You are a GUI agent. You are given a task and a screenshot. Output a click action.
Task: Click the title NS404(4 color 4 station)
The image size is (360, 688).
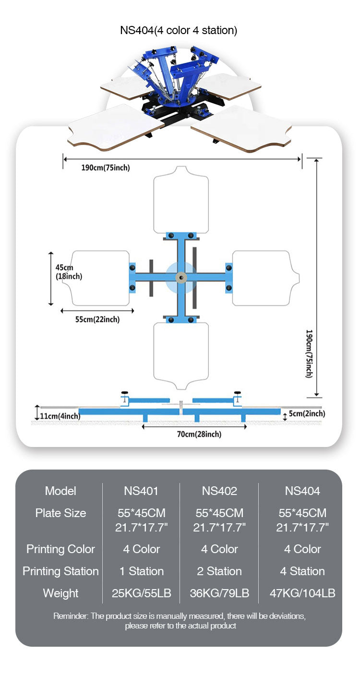coord(179,30)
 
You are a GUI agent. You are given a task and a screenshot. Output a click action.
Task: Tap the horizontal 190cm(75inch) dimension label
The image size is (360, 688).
coord(106,168)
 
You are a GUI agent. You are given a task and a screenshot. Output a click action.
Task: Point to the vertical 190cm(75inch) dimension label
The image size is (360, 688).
coord(309,353)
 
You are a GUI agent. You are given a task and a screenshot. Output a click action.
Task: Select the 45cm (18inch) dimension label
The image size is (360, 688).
coord(69,272)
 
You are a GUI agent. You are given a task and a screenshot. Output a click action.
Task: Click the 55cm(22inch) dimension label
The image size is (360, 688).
coord(97,319)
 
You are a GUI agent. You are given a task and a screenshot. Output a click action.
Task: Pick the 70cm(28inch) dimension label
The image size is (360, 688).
coord(199,434)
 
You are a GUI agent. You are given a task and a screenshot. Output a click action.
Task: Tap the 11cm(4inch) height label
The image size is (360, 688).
coord(60,416)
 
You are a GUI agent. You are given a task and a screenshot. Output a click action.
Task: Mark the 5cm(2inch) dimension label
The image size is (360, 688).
coord(307,413)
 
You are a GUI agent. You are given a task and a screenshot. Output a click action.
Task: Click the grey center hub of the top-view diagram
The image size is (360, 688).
coord(181,278)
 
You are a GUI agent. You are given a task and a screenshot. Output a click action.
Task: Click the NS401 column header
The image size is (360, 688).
coord(141,491)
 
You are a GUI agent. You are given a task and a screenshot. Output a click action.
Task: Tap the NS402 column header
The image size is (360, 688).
coord(219,491)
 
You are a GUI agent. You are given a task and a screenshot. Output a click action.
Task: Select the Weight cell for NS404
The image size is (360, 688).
coord(302,593)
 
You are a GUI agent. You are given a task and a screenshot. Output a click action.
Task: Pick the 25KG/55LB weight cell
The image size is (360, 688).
coord(141,593)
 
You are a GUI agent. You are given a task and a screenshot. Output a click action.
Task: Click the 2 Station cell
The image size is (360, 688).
coord(219,571)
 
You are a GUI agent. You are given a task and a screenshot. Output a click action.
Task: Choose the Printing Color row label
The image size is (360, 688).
coord(60,549)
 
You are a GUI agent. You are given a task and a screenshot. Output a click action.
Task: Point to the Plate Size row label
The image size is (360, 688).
coord(60,513)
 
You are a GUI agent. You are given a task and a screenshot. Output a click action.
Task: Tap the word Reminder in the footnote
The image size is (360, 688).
coord(71,616)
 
